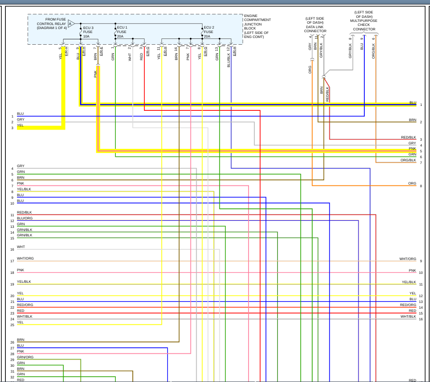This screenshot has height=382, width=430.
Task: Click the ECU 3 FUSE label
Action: (x=88, y=32)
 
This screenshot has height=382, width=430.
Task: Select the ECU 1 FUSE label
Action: (x=122, y=32)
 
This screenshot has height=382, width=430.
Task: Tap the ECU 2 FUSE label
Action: (x=209, y=32)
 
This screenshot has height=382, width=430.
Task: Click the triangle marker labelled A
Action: (x=71, y=24)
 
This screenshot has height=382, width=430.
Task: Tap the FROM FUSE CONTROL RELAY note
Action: (x=51, y=24)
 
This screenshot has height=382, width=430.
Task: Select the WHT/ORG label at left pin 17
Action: (x=25, y=259)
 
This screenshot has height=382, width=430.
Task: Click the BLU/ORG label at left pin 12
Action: (x=25, y=218)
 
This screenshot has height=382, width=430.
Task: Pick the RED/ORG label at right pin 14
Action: (x=408, y=305)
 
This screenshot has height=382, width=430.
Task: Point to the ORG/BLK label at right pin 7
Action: (x=408, y=160)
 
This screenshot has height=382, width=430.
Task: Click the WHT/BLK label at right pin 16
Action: (x=408, y=316)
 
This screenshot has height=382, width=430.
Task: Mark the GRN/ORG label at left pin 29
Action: (x=25, y=357)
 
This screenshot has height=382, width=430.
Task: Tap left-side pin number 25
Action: (x=13, y=325)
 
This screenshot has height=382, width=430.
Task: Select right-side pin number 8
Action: (x=421, y=186)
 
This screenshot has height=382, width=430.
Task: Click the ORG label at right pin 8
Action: (x=412, y=183)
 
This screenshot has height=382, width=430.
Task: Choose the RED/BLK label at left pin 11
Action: (x=24, y=212)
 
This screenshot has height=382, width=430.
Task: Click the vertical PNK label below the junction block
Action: (x=95, y=74)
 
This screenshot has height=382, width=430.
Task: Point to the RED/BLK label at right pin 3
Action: (x=409, y=137)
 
